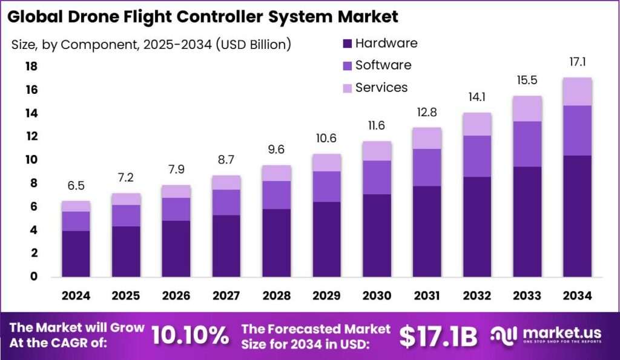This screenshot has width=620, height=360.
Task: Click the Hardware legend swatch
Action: coord(347,44)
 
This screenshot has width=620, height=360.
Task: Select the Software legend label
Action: coord(383,65)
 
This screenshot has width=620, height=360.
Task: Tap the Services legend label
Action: coord(381,88)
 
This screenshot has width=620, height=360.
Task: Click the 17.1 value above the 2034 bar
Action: coord(577,62)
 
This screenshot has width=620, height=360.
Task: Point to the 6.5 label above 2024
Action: coord(76,186)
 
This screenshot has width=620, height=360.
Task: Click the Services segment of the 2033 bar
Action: coord(527,108)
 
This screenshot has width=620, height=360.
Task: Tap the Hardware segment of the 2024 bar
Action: coord(76,254)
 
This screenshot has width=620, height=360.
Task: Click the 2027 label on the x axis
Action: coord(226,296)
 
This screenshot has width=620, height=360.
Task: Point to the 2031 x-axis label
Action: coord(427,296)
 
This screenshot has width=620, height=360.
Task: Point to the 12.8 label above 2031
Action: coord(427,113)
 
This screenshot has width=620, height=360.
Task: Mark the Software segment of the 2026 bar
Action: coord(176,209)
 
